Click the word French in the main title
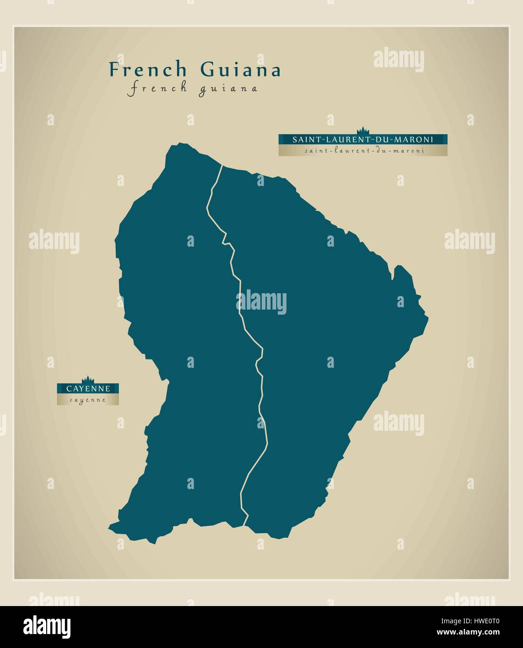click(148, 70)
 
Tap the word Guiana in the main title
click(241, 70)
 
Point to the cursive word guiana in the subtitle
click(228, 89)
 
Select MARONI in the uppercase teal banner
click(415, 139)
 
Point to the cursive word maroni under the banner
click(411, 151)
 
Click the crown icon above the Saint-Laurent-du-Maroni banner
click(363, 131)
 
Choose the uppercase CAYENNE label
click(88, 388)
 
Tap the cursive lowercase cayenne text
click(88, 400)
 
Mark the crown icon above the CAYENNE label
click(88, 379)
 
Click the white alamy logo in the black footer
click(47, 626)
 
